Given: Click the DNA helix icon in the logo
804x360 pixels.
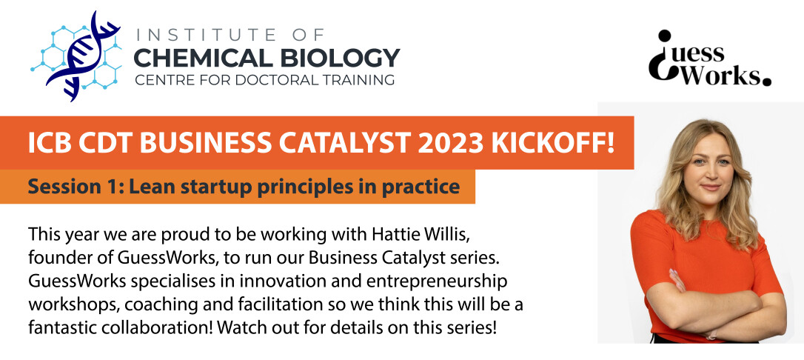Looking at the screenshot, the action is tap(82, 56).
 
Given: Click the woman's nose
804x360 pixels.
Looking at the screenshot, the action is tap(711, 173).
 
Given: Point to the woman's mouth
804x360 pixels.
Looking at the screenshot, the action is tap(711, 187).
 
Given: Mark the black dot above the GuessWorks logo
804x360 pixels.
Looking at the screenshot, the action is tap(665, 36).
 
